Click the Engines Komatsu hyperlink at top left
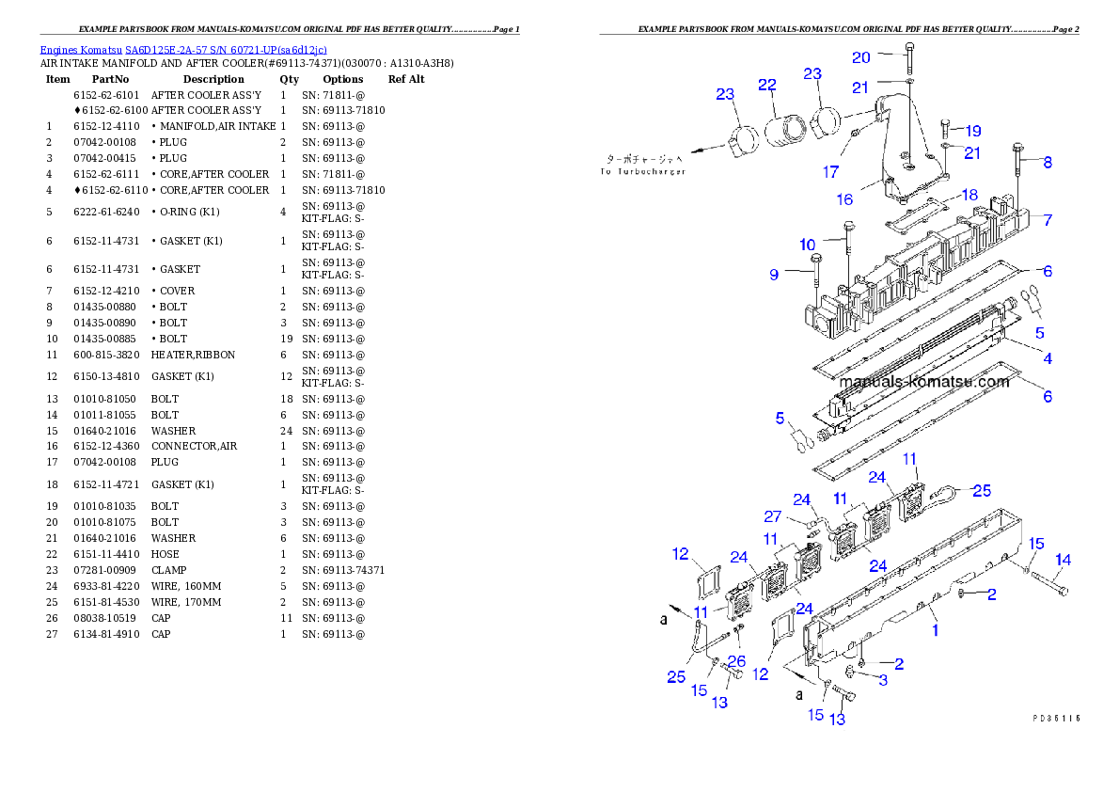click(x=183, y=50)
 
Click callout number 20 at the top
click(x=861, y=57)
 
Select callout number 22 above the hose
click(x=767, y=86)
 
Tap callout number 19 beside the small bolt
click(x=972, y=131)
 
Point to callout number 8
click(x=1047, y=162)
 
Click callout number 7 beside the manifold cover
click(x=1047, y=220)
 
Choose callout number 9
click(x=774, y=275)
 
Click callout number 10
click(x=807, y=245)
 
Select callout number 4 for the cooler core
click(x=1047, y=358)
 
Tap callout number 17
click(x=830, y=172)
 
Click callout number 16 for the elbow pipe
click(x=844, y=199)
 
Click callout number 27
click(x=772, y=516)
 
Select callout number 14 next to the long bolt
click(x=1063, y=560)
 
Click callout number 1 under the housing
click(x=935, y=630)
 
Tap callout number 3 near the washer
click(x=883, y=680)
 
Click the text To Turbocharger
click(x=644, y=171)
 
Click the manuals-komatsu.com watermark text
click(x=922, y=382)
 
